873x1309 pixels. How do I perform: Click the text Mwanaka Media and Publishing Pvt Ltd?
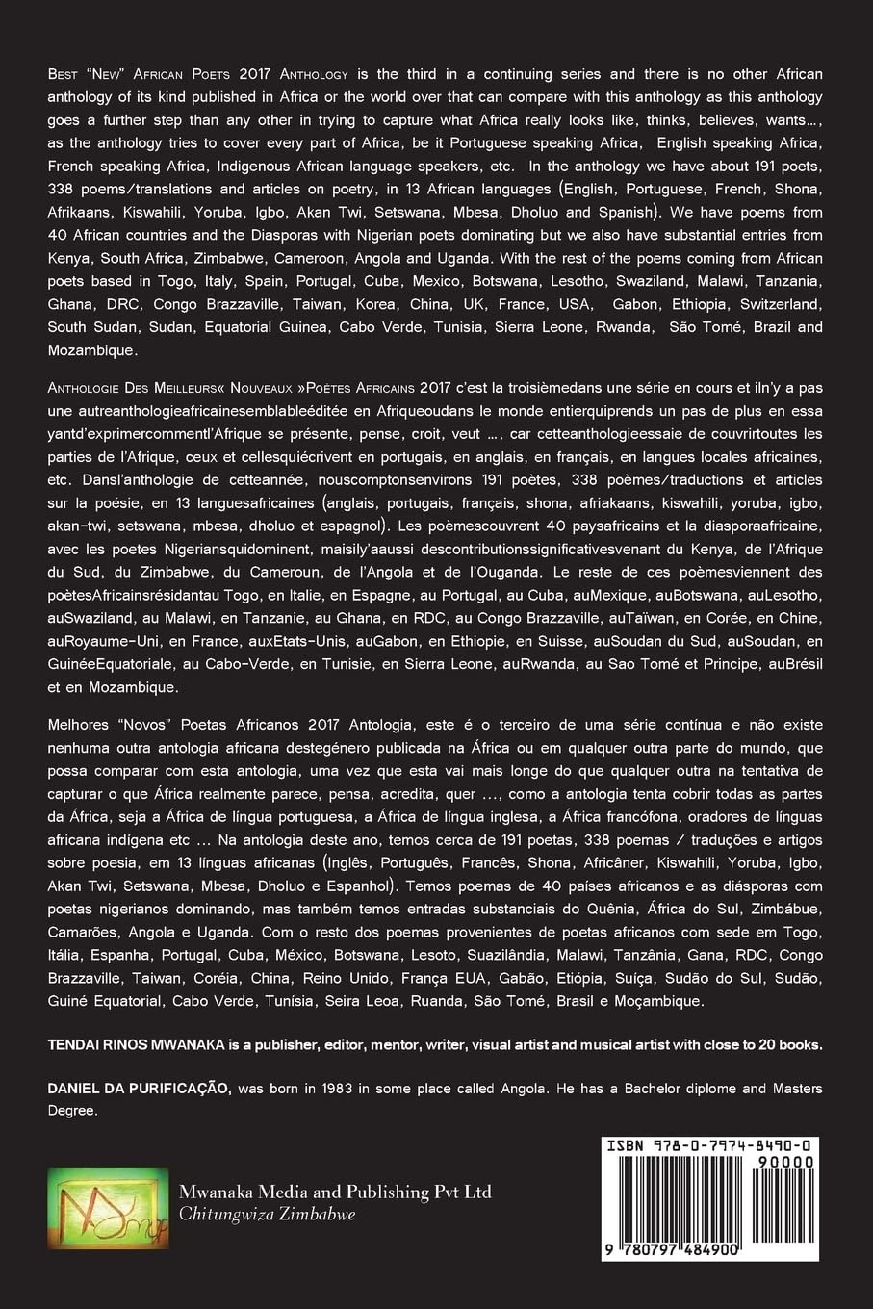(x=335, y=1193)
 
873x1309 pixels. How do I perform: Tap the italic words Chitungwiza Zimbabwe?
(x=267, y=1215)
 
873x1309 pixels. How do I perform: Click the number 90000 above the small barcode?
(x=789, y=1162)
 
